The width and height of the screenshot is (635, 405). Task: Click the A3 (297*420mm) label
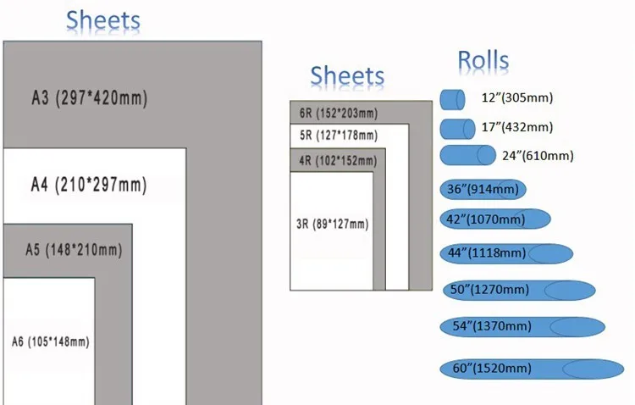pos(90,97)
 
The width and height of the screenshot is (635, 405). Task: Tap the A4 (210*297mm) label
pos(89,185)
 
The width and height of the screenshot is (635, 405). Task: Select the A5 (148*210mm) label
pos(74,250)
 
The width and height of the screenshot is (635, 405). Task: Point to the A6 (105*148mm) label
pos(50,341)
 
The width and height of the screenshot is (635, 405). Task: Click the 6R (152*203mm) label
pos(339,113)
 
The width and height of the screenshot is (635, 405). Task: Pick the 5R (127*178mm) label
pos(339,135)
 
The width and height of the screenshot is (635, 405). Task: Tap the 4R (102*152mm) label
pos(338,161)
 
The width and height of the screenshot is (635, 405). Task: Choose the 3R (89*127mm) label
pos(333,224)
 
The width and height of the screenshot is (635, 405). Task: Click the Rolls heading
pos(483,60)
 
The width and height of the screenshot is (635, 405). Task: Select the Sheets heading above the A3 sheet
pos(102,20)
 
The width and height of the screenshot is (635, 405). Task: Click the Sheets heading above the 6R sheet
pos(347,75)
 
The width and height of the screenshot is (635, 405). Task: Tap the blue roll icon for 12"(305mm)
pos(452,99)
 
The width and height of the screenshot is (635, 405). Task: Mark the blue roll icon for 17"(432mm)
pos(457,129)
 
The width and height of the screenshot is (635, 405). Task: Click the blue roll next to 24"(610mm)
pos(467,155)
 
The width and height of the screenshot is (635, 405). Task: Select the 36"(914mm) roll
pos(483,189)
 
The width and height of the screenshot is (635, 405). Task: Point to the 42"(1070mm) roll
pos(495,219)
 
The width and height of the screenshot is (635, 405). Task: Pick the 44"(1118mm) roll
pos(506,254)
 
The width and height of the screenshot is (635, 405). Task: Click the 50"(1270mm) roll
pos(519,291)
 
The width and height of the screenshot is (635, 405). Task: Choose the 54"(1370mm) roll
pos(522,327)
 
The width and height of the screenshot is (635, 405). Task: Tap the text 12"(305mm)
pos(517,97)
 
